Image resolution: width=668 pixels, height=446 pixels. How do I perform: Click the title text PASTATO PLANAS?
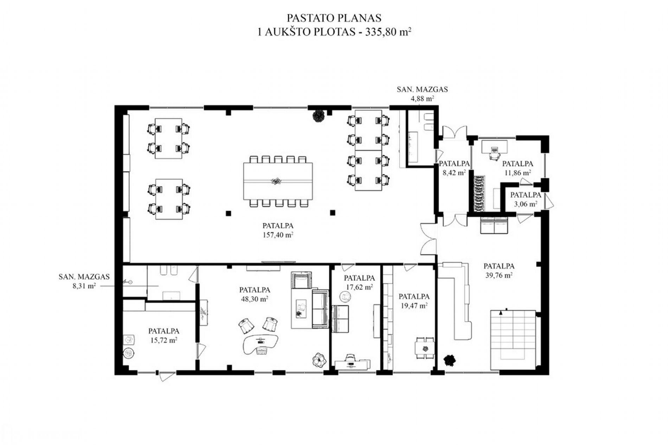point(334,18)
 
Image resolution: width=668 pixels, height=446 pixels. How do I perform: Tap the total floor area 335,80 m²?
point(388,32)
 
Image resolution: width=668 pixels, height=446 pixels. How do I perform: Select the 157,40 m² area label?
point(278,234)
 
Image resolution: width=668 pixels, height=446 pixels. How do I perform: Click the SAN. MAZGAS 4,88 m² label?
point(422,94)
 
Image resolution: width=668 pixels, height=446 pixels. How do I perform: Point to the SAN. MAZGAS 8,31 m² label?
point(84,281)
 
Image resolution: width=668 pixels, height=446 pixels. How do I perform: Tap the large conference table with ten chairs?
point(278,181)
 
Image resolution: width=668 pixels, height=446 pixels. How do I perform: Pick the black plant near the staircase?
point(450,360)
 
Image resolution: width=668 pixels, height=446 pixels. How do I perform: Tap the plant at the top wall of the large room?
point(319,116)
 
